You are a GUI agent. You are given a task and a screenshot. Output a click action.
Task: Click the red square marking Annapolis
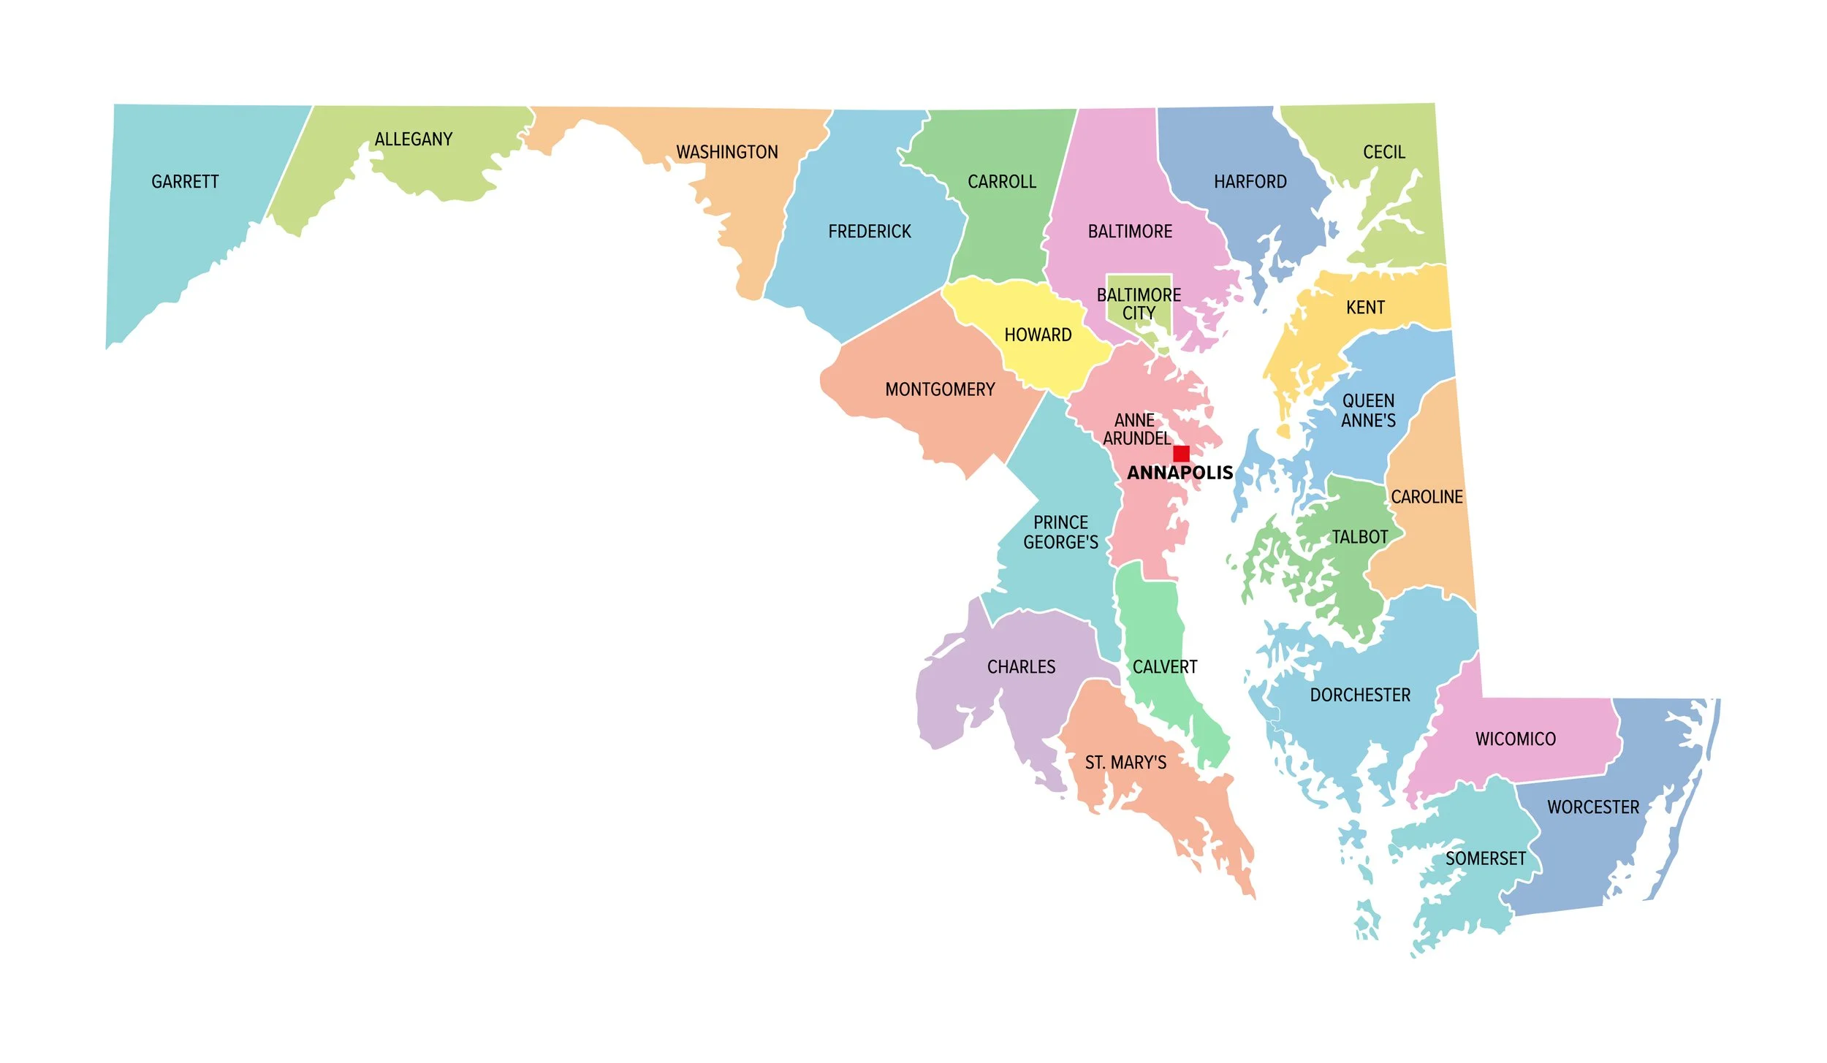tap(1181, 454)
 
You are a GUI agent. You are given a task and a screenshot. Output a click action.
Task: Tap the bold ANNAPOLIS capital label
tap(1180, 473)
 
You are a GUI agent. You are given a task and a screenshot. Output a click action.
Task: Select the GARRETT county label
tap(185, 181)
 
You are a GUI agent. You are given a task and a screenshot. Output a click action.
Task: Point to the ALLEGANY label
tap(414, 139)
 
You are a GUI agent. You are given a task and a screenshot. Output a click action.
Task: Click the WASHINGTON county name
tap(726, 152)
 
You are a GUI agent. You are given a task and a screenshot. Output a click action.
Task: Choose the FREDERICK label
tap(870, 232)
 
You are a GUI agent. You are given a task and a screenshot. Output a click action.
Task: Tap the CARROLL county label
tap(1002, 181)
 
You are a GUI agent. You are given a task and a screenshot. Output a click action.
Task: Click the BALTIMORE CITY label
tap(1139, 304)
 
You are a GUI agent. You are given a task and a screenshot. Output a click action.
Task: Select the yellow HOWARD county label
tap(1038, 335)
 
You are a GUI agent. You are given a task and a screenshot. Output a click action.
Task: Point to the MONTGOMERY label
tap(940, 389)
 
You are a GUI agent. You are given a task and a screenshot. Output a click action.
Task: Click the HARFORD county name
tap(1250, 181)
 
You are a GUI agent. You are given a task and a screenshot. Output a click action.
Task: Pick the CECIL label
tap(1384, 152)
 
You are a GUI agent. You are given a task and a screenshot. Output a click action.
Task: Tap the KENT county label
tap(1365, 308)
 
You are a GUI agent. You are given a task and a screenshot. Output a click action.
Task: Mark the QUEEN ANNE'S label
tap(1368, 411)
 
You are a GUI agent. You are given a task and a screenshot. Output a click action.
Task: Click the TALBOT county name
tap(1359, 537)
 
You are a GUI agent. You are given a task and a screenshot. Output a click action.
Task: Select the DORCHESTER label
tap(1360, 695)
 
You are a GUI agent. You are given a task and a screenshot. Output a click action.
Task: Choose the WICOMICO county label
tap(1516, 739)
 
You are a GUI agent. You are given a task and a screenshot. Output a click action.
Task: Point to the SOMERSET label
tap(1486, 858)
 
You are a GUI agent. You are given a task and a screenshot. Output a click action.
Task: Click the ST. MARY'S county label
tap(1125, 763)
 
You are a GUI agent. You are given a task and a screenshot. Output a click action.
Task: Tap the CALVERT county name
tap(1165, 667)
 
